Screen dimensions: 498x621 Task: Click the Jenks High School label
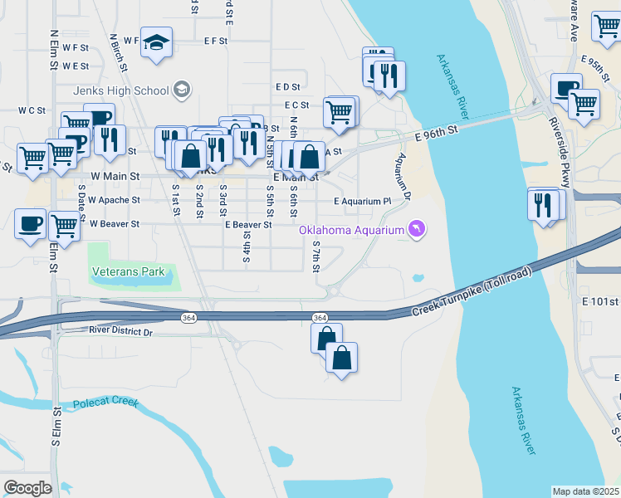pyautogui.click(x=120, y=90)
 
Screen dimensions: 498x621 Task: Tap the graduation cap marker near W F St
pyautogui.click(x=155, y=41)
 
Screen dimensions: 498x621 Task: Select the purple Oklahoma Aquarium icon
pyautogui.click(x=416, y=229)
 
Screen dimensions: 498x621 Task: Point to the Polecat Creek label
pyautogui.click(x=105, y=403)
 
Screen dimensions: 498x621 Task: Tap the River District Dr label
pyautogui.click(x=120, y=332)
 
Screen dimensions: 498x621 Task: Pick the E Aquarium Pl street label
pyautogui.click(x=362, y=202)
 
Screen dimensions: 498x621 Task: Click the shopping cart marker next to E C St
pyautogui.click(x=339, y=111)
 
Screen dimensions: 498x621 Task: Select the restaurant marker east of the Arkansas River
pyautogui.click(x=542, y=203)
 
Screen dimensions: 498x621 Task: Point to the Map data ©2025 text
pyautogui.click(x=586, y=491)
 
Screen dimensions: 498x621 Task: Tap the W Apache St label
pyautogui.click(x=115, y=201)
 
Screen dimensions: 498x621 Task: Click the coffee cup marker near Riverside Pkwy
pyautogui.click(x=566, y=88)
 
